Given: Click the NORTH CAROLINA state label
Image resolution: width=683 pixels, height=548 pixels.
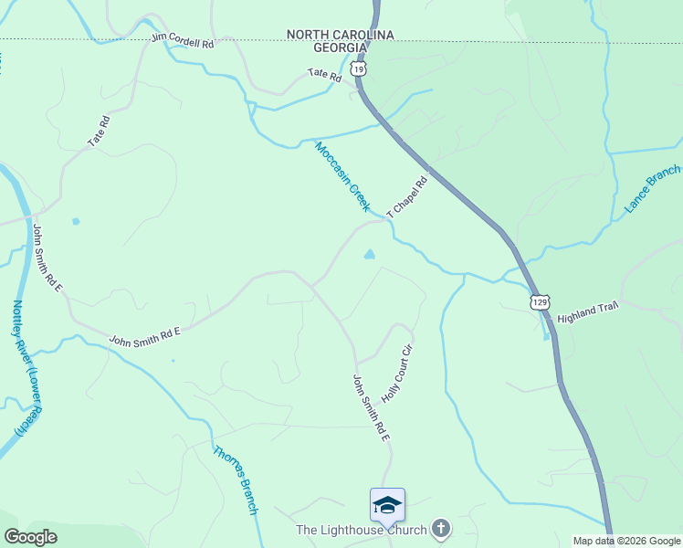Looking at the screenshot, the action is (x=340, y=35).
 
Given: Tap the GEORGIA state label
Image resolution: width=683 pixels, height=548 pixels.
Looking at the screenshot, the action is (x=340, y=47).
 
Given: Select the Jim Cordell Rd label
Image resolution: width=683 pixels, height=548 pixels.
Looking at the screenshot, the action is (x=183, y=40).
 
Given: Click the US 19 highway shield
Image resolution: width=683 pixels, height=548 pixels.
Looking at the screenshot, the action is (x=359, y=68).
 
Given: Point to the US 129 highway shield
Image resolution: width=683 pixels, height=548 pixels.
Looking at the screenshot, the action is (x=541, y=301).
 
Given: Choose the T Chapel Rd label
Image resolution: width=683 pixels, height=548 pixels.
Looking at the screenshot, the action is (x=407, y=195).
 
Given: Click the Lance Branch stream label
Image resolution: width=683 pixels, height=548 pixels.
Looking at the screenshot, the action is (x=652, y=189).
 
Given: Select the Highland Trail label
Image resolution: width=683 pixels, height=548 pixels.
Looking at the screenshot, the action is (x=588, y=311).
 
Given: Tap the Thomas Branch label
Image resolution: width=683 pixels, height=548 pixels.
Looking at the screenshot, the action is (x=236, y=479).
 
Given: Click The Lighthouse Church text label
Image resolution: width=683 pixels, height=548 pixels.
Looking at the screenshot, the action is (x=361, y=530).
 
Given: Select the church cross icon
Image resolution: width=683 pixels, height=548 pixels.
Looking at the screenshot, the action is (x=441, y=528).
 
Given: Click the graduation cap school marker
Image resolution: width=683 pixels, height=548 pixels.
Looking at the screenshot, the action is (x=387, y=505).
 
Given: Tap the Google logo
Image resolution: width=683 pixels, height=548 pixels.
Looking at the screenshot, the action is (x=30, y=537).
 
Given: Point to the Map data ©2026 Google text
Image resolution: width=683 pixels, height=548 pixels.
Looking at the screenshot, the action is (x=625, y=541).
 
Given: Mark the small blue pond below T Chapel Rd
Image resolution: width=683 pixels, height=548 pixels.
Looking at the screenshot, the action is (x=369, y=255).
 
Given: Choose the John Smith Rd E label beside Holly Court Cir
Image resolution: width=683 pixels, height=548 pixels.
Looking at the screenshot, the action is (x=372, y=408).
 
